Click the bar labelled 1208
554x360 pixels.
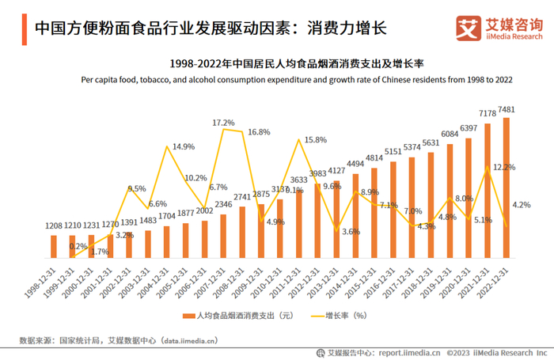pyautogui.click(x=54, y=246)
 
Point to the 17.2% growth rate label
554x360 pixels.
pyautogui.click(x=223, y=123)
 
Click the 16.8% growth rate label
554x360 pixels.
pyautogui.click(x=259, y=132)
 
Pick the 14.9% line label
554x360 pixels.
pyautogui.click(x=184, y=146)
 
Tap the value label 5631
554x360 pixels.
pyautogui.click(x=430, y=143)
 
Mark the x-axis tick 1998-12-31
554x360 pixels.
pyautogui.click(x=42, y=279)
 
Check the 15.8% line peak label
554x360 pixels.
pyautogui.click(x=316, y=140)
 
